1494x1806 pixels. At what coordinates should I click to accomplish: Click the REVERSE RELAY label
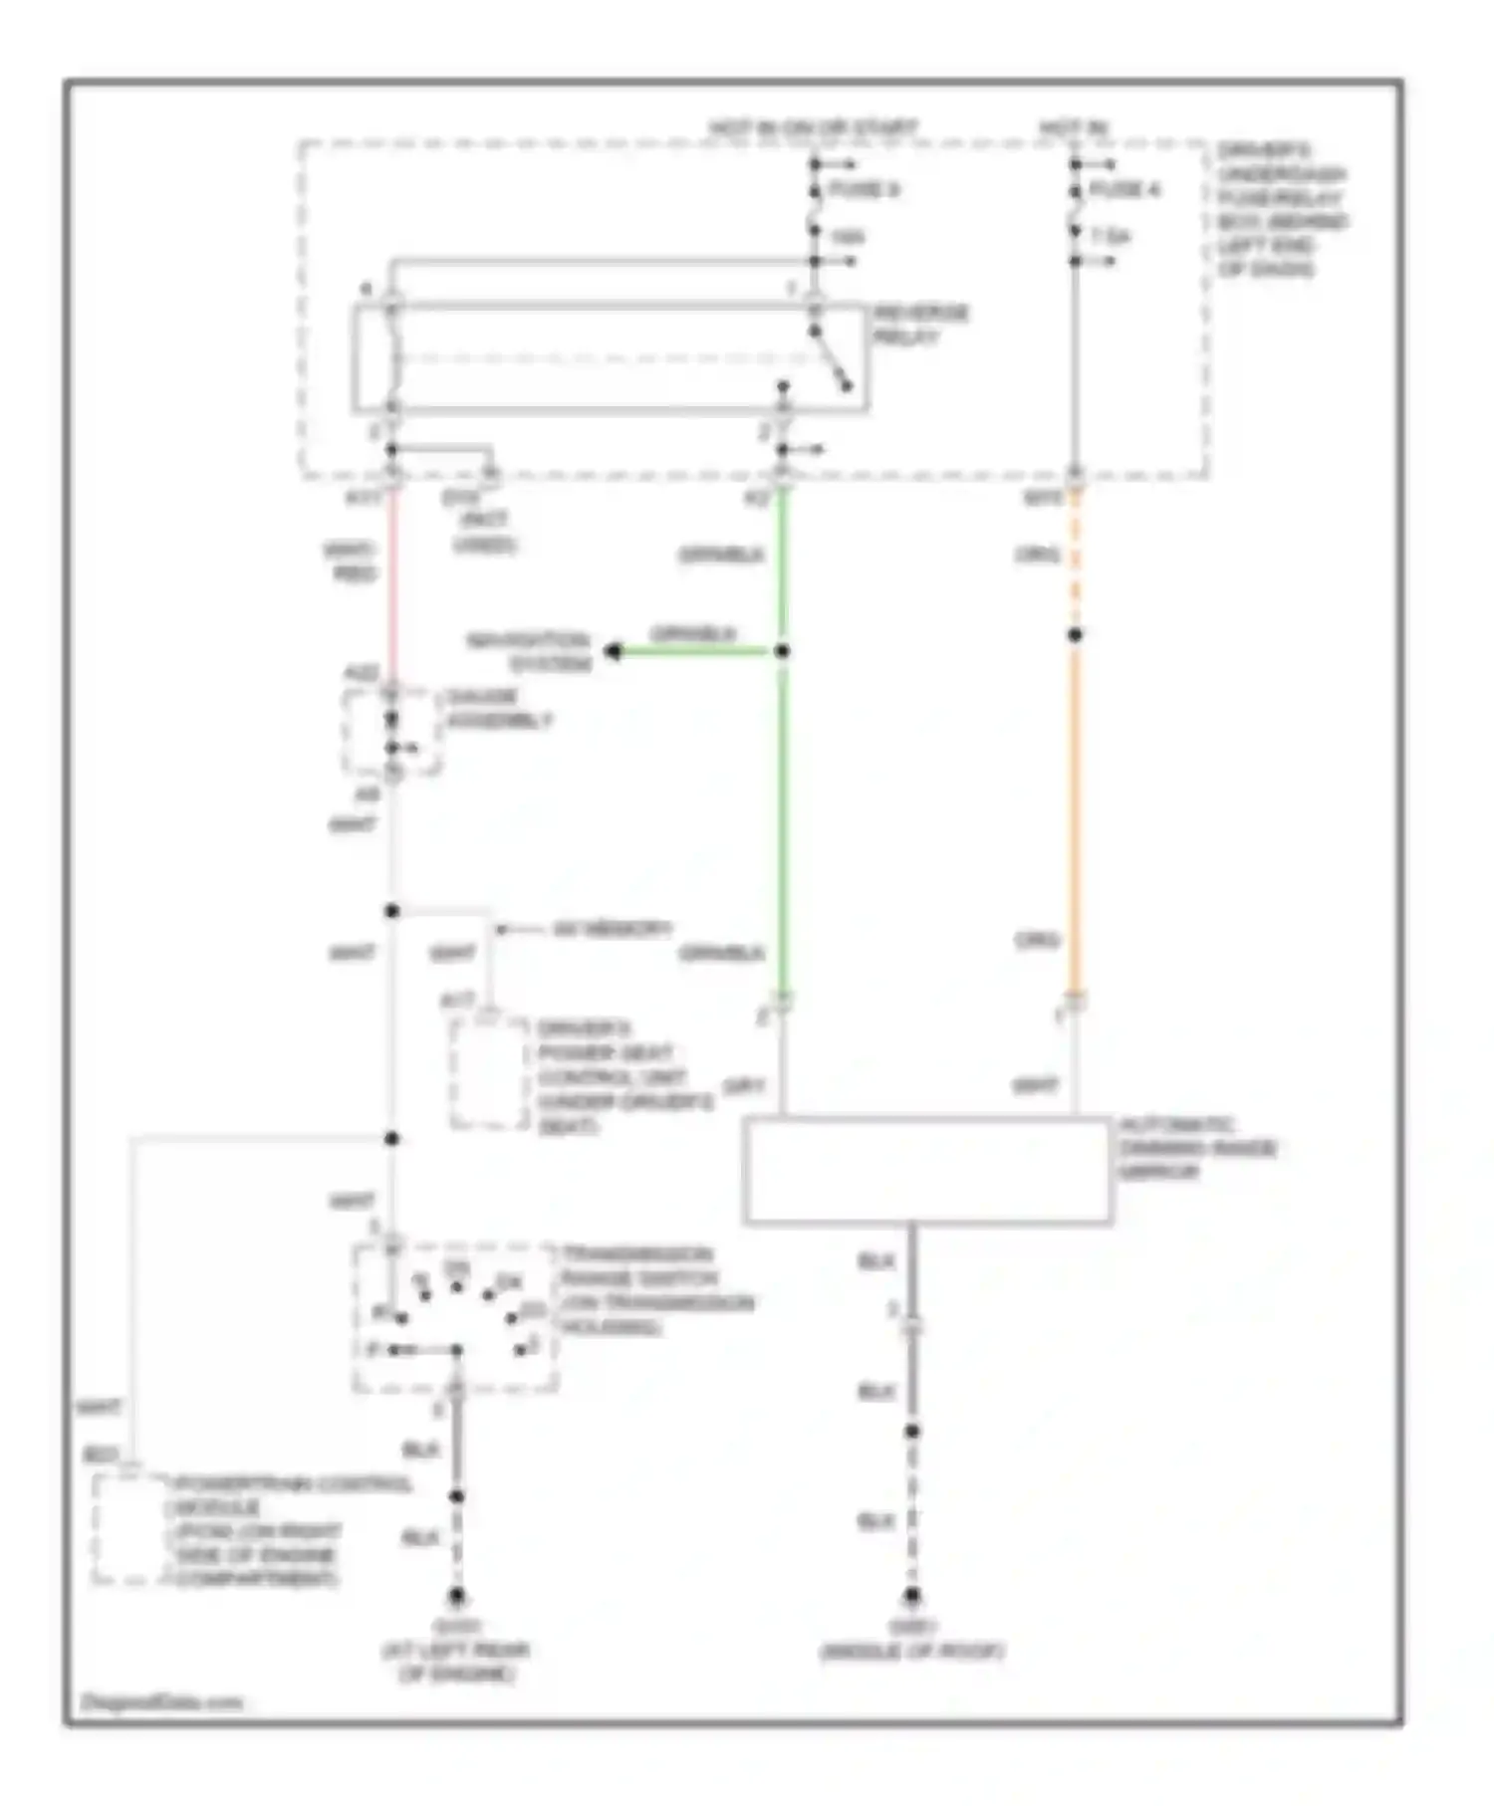[x=920, y=325]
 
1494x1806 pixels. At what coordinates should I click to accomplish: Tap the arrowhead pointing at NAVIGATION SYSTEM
[x=613, y=652]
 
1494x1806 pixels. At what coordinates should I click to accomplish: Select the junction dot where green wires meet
[x=783, y=651]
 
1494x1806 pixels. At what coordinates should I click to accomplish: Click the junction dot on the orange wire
[x=1075, y=634]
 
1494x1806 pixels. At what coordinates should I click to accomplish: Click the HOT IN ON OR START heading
[x=813, y=128]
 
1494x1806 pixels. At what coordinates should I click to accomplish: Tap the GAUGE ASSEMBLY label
[x=498, y=708]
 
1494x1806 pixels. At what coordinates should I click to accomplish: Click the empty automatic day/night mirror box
[x=926, y=1170]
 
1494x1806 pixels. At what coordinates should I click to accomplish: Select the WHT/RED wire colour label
[x=351, y=562]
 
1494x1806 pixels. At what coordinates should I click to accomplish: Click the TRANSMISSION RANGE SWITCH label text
[x=655, y=1290]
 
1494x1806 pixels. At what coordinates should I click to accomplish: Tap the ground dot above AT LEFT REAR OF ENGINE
[x=456, y=1595]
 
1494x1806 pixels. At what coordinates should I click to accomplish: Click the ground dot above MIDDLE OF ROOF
[x=911, y=1595]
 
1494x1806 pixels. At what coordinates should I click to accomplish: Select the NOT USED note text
[x=484, y=532]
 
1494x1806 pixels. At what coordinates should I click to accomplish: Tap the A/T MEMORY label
[x=612, y=929]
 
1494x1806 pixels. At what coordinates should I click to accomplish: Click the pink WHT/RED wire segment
[x=392, y=587]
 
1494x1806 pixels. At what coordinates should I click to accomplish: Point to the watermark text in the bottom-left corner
[x=161, y=1701]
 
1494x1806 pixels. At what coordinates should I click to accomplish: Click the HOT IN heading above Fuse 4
[x=1074, y=128]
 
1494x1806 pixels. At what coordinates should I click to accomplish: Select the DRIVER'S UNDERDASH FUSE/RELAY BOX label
[x=1281, y=210]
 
